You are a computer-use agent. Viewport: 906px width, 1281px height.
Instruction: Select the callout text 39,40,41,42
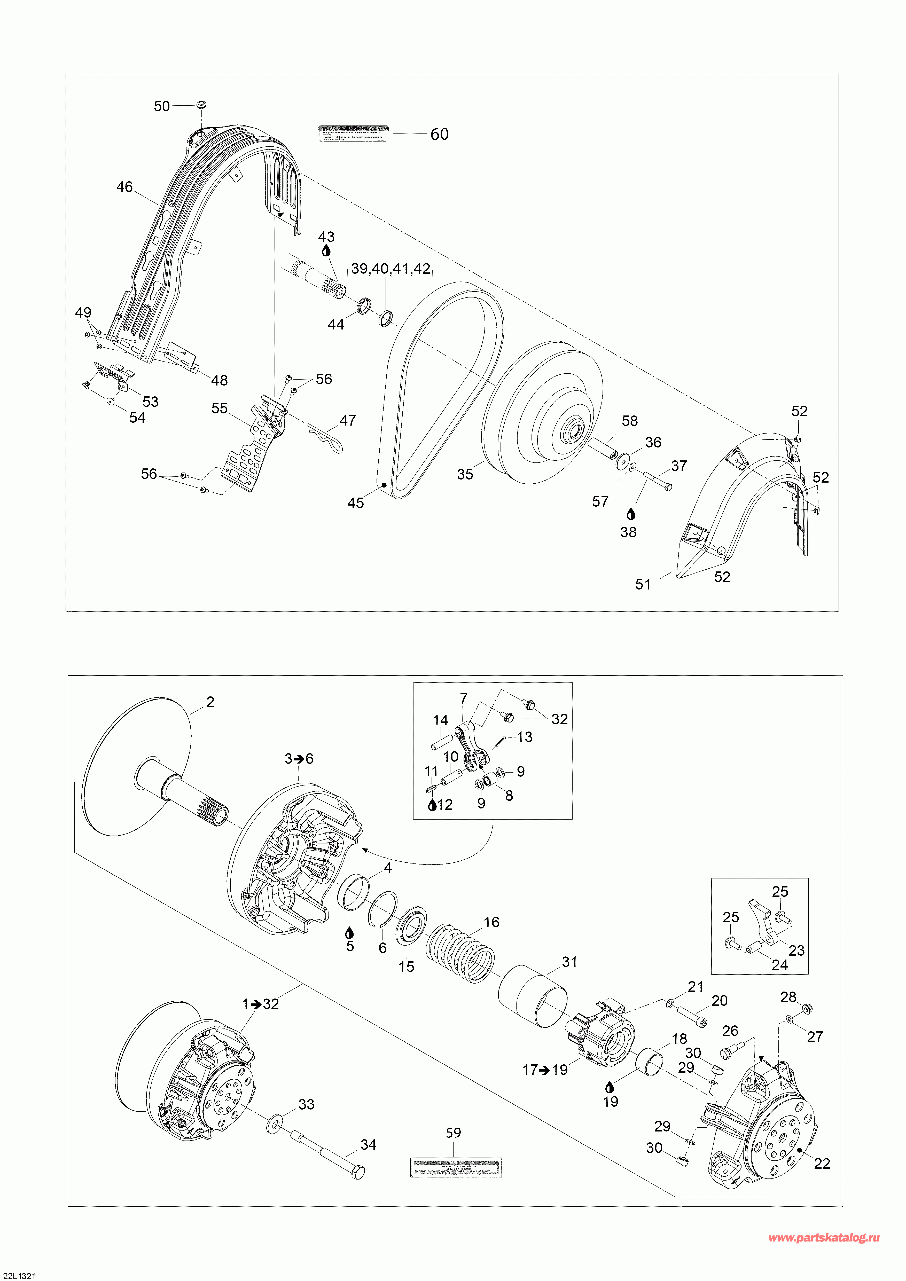pos(391,269)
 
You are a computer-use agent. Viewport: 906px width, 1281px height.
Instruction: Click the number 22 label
pos(822,1159)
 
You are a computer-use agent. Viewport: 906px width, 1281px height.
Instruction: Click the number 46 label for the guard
pos(124,187)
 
